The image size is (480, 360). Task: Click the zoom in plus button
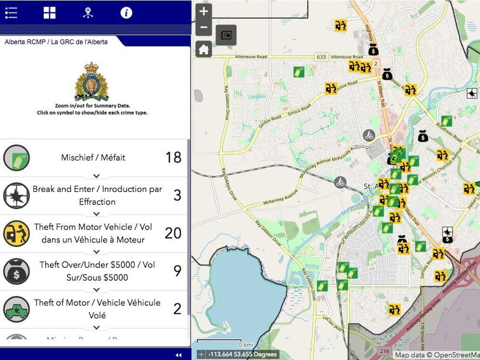(x=204, y=11)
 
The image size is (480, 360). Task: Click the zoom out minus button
(x=204, y=27)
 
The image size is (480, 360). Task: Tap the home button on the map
(x=204, y=49)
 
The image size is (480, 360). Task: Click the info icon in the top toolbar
(x=126, y=13)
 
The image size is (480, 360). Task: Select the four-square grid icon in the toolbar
(x=49, y=13)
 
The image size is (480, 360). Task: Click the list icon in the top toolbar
(x=11, y=13)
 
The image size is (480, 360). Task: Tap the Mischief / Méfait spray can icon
(x=16, y=158)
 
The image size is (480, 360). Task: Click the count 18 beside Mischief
(x=173, y=157)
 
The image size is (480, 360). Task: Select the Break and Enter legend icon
(x=16, y=195)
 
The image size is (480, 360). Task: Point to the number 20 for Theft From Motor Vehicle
(x=173, y=233)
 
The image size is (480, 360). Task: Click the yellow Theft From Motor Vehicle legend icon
(x=16, y=233)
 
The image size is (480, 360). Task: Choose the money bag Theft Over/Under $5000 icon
(x=16, y=271)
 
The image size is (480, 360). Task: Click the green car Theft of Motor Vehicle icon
(x=16, y=309)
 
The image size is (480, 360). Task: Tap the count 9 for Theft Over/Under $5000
(x=177, y=271)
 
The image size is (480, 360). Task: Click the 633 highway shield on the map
(x=321, y=57)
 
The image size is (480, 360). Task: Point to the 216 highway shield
(x=371, y=351)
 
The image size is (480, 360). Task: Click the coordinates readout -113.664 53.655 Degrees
(x=242, y=355)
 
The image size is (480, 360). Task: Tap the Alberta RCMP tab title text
(x=56, y=42)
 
